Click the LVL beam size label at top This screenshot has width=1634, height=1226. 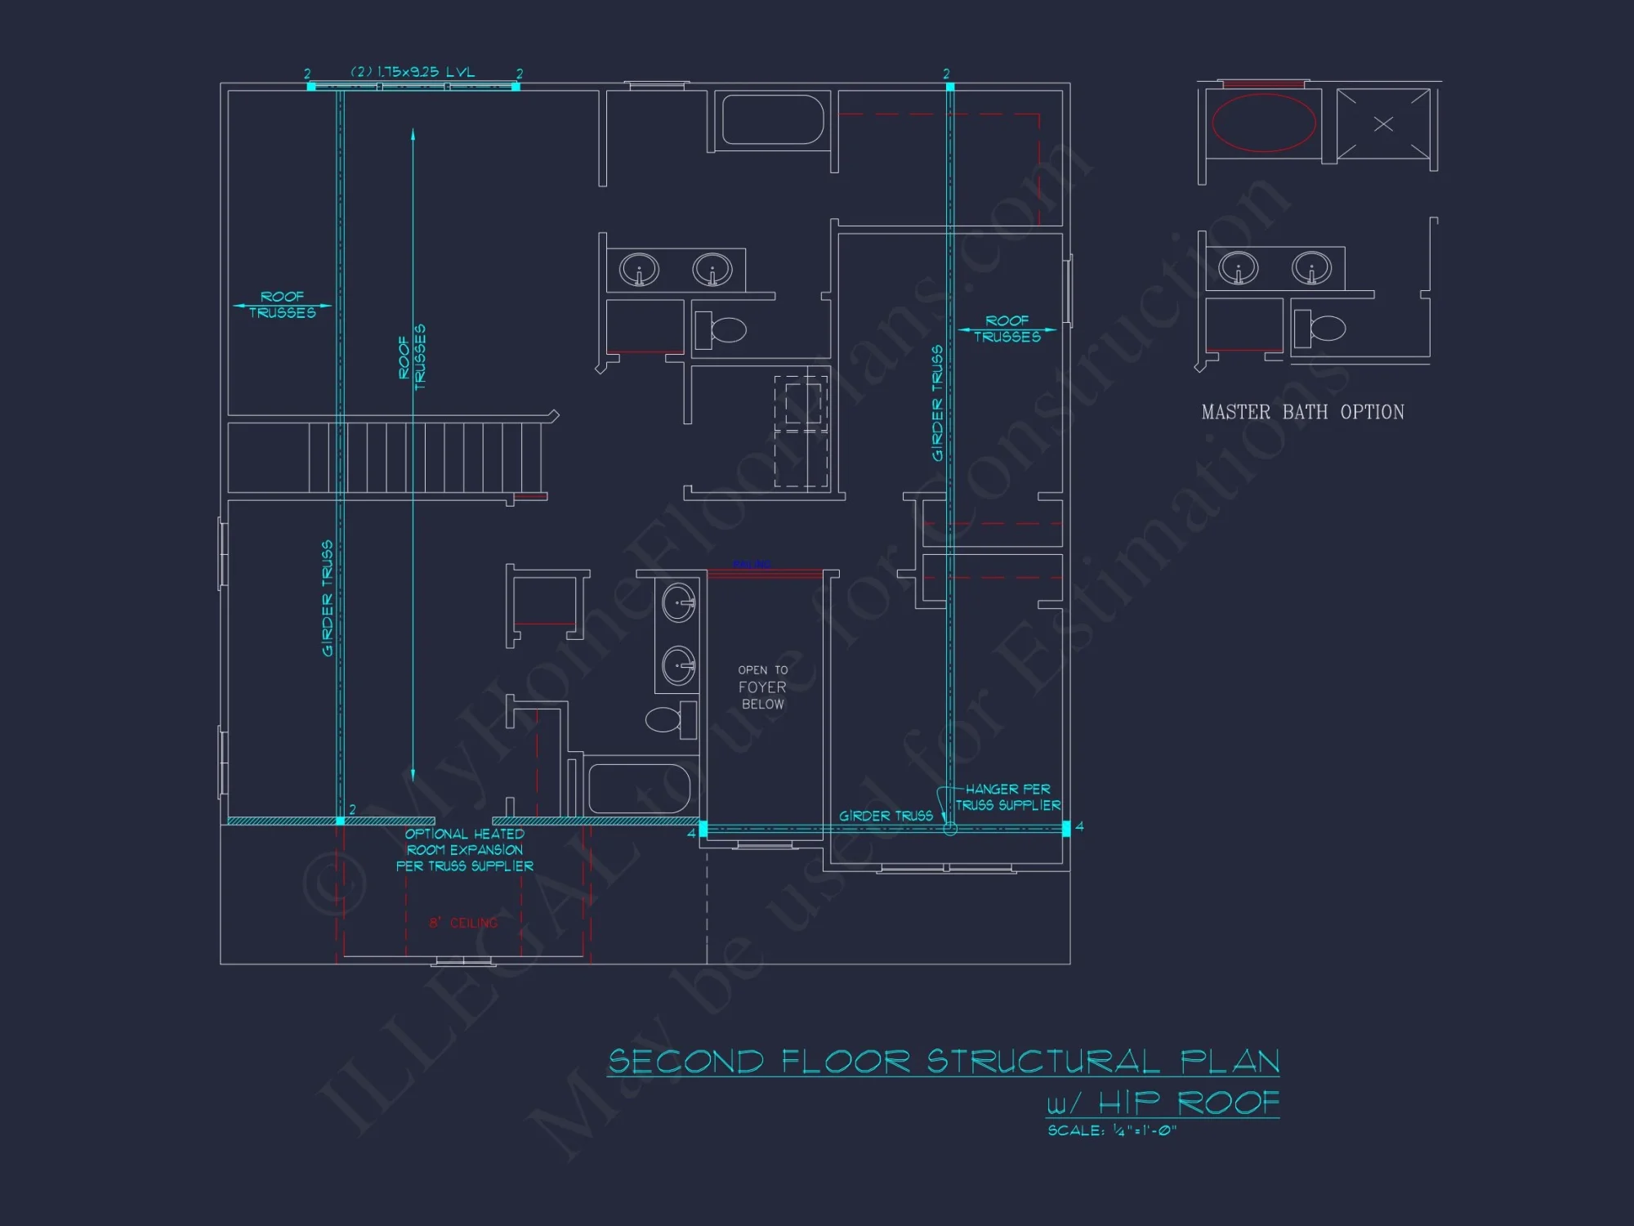click(x=413, y=72)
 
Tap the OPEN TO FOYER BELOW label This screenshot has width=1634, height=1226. click(x=763, y=687)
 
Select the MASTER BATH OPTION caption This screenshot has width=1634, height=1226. click(x=1302, y=413)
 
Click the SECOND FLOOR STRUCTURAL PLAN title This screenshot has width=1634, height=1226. click(x=944, y=1062)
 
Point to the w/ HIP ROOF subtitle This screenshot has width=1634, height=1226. click(x=1163, y=1103)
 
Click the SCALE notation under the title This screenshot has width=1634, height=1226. click(x=1112, y=1130)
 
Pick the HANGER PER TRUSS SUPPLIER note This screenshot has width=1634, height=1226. click(x=1008, y=798)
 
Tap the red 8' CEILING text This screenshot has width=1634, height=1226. click(x=463, y=923)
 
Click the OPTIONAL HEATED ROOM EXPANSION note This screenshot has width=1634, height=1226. click(x=465, y=850)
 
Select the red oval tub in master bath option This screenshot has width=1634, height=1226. click(x=1263, y=123)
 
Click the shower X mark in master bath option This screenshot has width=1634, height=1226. click(x=1383, y=124)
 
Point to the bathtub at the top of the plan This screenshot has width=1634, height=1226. click(x=772, y=120)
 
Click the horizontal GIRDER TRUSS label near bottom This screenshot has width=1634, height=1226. click(x=886, y=816)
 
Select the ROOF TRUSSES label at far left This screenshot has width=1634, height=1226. click(x=282, y=305)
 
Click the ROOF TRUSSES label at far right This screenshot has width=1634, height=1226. click(x=1007, y=329)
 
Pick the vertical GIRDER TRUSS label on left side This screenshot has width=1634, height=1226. click(x=328, y=597)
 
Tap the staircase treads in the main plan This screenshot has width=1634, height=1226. click(x=425, y=457)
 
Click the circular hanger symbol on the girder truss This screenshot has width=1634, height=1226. click(x=949, y=829)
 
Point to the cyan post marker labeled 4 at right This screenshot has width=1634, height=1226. click(x=1065, y=828)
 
